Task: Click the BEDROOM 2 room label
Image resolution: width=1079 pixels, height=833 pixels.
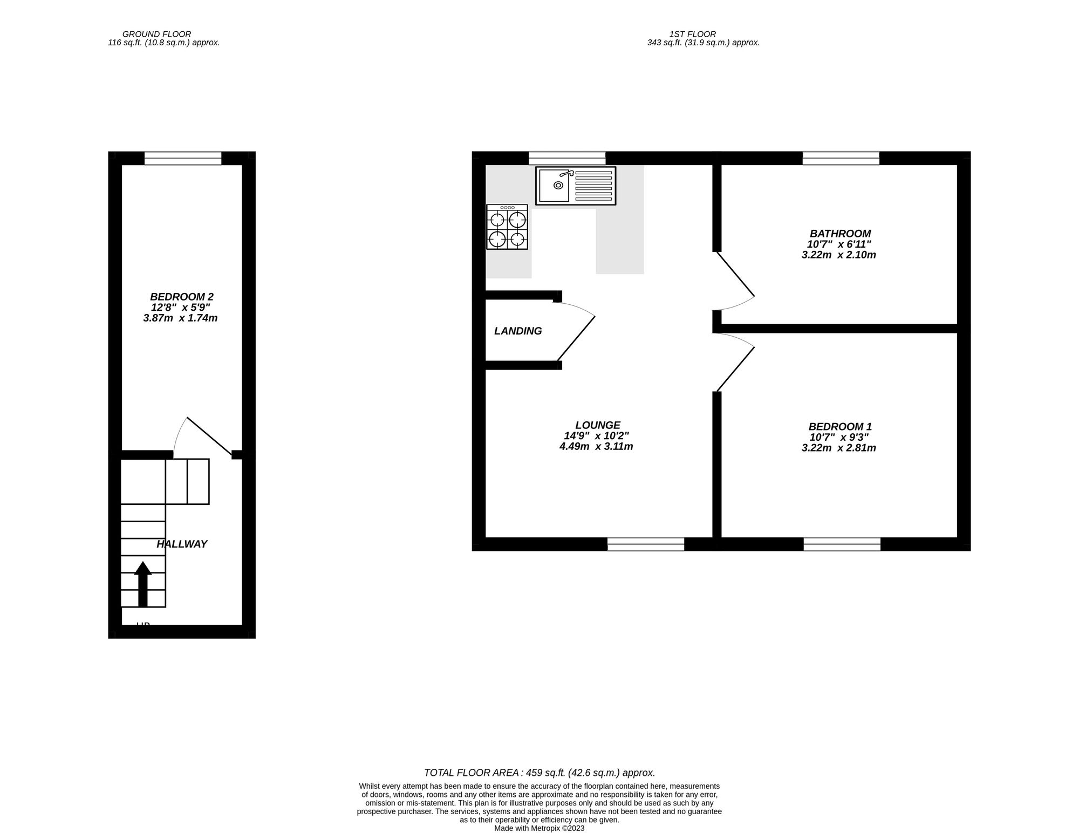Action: point(181,297)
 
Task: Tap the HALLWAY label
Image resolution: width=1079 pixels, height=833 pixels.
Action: point(182,544)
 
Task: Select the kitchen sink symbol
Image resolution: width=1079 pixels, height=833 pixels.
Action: point(575,186)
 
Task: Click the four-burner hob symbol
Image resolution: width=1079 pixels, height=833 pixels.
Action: point(507,227)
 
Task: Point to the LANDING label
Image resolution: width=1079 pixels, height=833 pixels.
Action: point(518,331)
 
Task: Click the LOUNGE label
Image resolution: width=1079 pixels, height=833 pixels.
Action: point(597,425)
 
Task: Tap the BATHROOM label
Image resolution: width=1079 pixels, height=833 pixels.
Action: point(839,234)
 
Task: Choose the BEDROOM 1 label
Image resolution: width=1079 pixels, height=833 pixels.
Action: point(839,426)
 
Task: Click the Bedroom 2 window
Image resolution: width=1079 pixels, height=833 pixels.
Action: point(183,158)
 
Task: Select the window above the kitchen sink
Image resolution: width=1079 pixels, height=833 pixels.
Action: point(566,158)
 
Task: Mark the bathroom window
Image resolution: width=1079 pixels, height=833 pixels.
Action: point(841,158)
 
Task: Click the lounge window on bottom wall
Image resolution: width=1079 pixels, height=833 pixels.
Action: point(645,544)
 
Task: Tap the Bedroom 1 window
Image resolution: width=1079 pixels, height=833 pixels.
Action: point(842,544)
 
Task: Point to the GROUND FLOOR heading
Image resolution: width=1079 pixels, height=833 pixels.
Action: point(156,34)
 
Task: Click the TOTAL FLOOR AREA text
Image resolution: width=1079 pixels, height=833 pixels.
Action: point(539,773)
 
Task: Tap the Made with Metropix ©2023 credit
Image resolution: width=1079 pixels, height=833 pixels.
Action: point(539,828)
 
